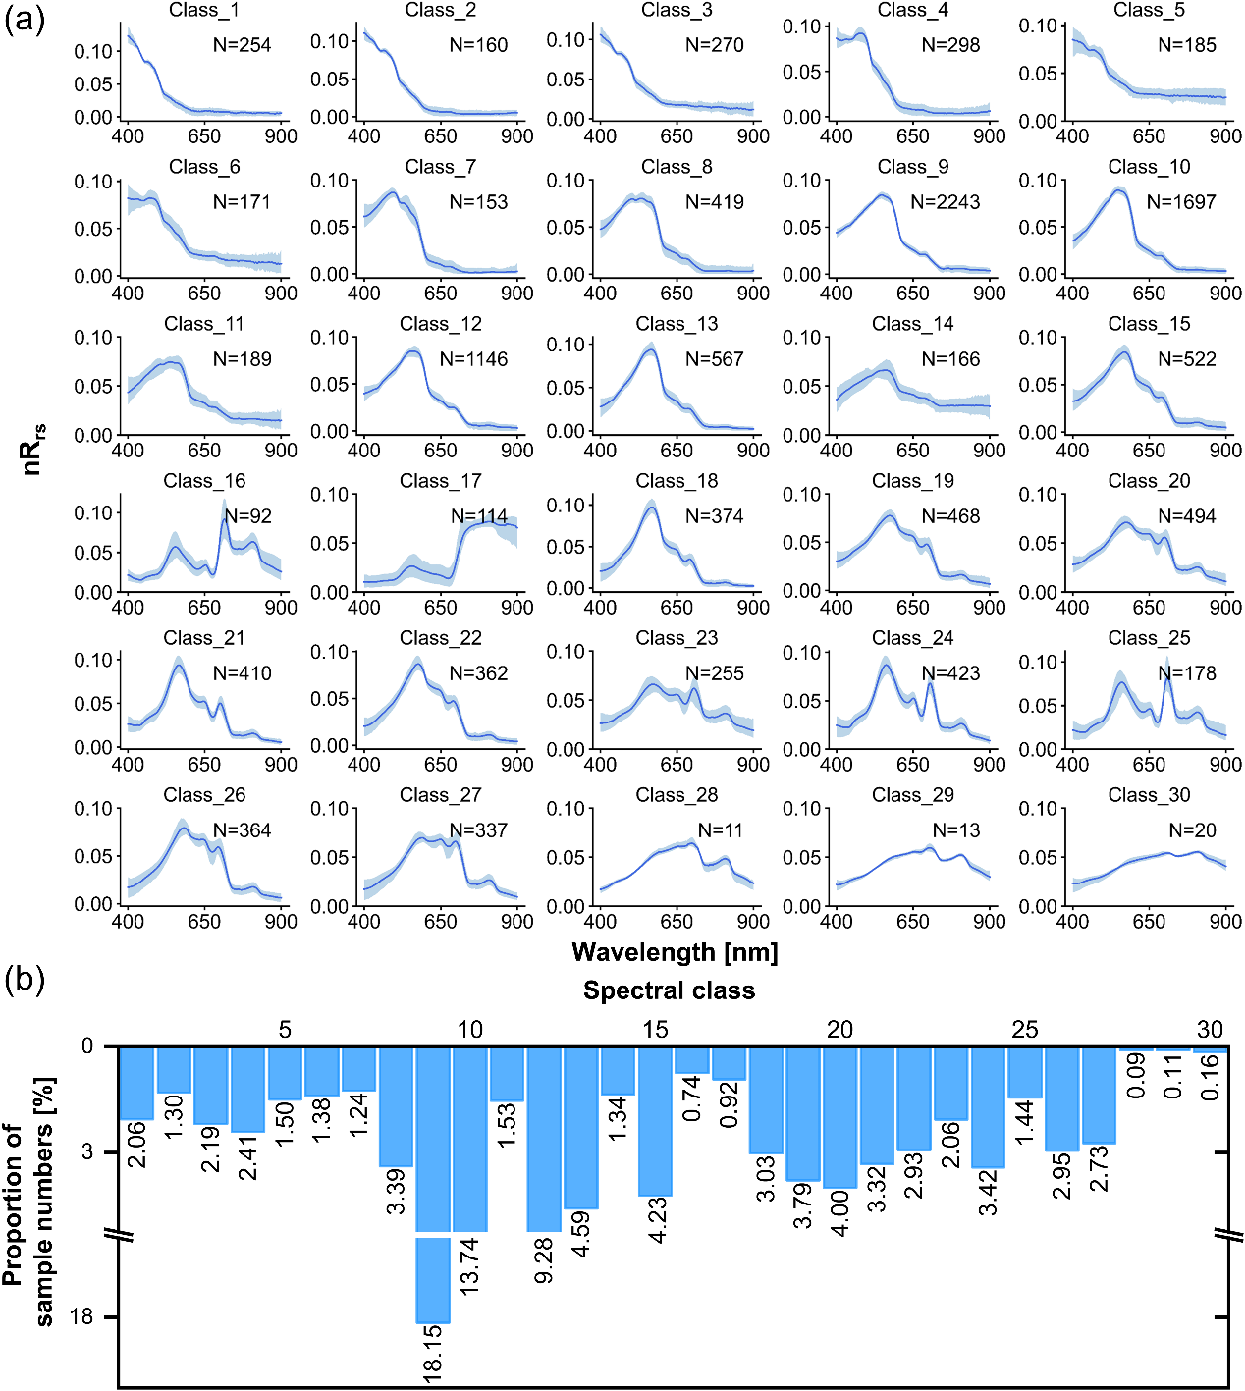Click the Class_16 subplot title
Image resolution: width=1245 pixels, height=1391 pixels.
(204, 481)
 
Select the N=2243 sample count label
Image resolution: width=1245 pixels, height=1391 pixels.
(945, 202)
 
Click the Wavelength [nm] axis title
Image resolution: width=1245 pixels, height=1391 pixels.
(675, 952)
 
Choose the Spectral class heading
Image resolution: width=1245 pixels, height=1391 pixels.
(669, 990)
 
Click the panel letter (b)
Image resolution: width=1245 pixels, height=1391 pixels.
(25, 980)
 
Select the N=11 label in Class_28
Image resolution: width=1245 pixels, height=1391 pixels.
(720, 830)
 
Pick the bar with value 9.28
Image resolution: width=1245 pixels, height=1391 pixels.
(544, 1139)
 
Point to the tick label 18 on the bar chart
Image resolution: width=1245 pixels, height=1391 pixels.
(81, 1316)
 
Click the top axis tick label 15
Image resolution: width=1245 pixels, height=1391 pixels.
(655, 1029)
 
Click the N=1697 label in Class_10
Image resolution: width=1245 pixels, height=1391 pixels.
(1181, 202)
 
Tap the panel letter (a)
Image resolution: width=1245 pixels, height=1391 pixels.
(25, 19)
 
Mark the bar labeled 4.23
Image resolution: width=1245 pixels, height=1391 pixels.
(655, 1121)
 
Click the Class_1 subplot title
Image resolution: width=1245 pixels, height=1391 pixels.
(204, 10)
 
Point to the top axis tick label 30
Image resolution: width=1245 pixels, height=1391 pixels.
(1210, 1029)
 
